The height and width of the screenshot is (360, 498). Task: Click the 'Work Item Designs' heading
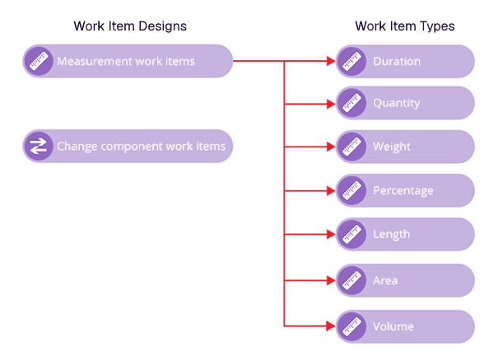click(130, 26)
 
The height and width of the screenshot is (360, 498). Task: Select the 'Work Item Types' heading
click(404, 26)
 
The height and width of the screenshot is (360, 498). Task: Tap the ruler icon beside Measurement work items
click(38, 61)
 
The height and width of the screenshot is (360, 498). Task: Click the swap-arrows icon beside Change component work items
click(38, 147)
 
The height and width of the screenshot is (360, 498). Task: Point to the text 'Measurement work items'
click(126, 61)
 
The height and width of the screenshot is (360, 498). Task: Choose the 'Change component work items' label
click(141, 147)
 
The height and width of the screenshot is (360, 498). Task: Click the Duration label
click(397, 61)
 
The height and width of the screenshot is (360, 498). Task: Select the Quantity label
click(397, 103)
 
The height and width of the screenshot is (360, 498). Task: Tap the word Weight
click(392, 147)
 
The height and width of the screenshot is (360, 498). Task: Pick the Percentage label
click(403, 190)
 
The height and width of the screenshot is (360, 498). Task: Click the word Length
click(392, 234)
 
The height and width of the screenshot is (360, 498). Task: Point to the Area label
click(385, 280)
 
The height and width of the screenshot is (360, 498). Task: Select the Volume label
click(393, 326)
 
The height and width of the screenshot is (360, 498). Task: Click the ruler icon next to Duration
click(351, 61)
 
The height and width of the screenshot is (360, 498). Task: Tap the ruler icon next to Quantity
click(351, 103)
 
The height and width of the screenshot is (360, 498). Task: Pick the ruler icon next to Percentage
click(351, 190)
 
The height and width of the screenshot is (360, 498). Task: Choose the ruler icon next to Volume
click(351, 326)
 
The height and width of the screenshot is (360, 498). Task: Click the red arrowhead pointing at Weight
click(330, 147)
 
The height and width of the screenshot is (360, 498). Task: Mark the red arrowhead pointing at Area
click(330, 280)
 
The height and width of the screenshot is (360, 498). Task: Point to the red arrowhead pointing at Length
click(330, 234)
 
